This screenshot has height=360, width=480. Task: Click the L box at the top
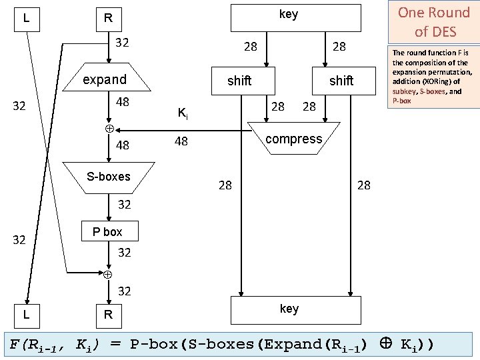(x=26, y=17)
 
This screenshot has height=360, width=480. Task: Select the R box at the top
(x=107, y=18)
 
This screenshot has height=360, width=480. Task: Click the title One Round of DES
(x=433, y=22)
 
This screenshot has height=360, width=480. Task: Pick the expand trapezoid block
(x=105, y=79)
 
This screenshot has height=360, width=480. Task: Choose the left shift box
(x=239, y=81)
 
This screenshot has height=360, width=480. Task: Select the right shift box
(x=341, y=81)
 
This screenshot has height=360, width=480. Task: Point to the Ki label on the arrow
(x=182, y=114)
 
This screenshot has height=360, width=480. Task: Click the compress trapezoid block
(x=293, y=139)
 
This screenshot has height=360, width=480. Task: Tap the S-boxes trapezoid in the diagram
(x=109, y=177)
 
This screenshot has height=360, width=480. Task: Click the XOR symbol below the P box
(x=107, y=273)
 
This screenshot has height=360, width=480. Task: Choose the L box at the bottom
(x=26, y=313)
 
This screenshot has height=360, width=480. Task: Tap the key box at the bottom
(x=289, y=309)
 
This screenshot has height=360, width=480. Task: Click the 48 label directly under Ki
(x=181, y=141)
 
